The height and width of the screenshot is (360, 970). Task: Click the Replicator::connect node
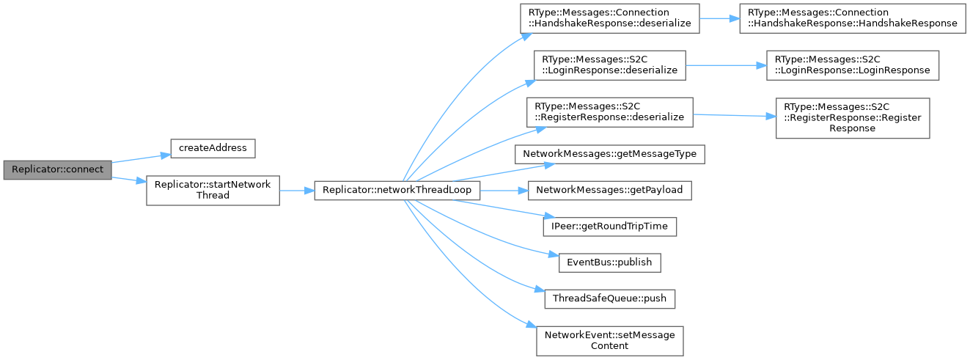click(x=56, y=169)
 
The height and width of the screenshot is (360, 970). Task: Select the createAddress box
click(x=213, y=147)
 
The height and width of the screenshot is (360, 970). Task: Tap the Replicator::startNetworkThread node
click(x=213, y=190)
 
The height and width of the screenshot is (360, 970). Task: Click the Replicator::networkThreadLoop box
click(x=397, y=190)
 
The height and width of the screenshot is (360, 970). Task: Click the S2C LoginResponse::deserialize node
click(x=610, y=65)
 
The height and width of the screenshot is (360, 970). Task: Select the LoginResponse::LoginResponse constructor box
click(x=851, y=65)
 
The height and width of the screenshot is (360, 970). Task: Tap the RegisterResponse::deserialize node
click(x=610, y=112)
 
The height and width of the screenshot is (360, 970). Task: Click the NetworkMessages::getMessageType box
click(x=610, y=154)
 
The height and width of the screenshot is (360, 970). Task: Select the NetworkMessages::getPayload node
click(x=610, y=190)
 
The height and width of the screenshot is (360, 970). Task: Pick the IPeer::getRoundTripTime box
click(x=610, y=226)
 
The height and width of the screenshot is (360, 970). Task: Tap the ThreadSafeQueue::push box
click(x=610, y=298)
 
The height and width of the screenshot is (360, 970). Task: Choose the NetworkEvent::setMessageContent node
click(x=610, y=340)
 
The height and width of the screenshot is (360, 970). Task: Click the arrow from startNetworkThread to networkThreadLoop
click(x=296, y=190)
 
